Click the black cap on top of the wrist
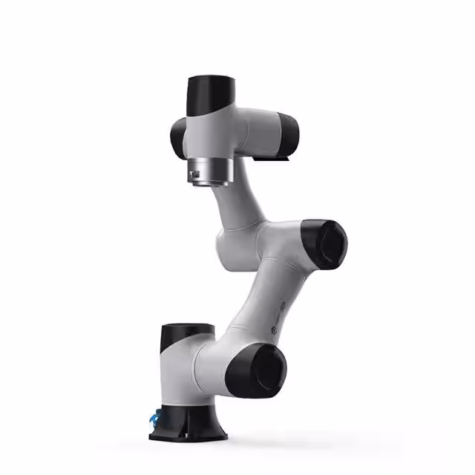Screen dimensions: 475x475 [x=210, y=94]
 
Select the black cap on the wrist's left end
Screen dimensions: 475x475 [x=178, y=137]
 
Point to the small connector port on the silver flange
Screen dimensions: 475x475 [x=194, y=175]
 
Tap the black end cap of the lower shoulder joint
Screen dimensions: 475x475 [x=256, y=369]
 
